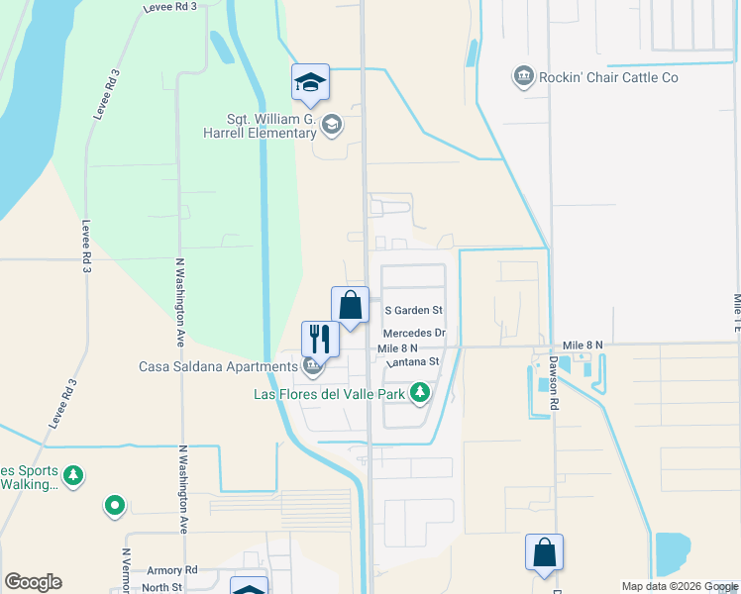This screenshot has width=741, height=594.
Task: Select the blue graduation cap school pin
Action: [310, 83]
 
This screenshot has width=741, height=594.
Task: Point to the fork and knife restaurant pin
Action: [321, 339]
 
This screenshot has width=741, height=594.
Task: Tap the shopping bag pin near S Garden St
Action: [350, 304]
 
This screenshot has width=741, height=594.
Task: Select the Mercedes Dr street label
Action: [414, 334]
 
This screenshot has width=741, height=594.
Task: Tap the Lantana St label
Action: [413, 362]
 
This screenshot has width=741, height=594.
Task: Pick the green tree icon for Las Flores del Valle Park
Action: [421, 394]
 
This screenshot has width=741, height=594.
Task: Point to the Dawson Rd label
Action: [555, 384]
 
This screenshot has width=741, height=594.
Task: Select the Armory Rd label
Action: [172, 571]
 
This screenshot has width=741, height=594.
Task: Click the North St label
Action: [161, 587]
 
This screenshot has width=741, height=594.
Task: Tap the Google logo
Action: [33, 582]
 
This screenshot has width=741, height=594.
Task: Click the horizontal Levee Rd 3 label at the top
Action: [169, 6]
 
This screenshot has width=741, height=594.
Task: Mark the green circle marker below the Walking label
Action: [115, 507]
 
